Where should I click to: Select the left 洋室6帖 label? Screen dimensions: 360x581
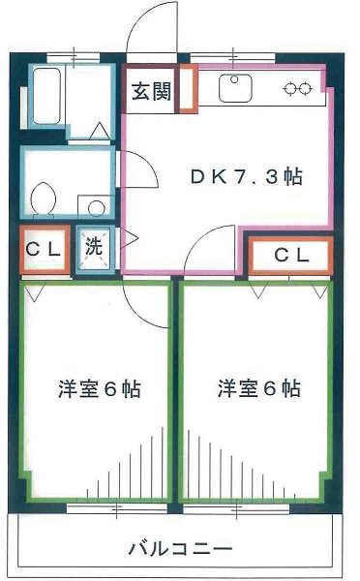click(99, 389)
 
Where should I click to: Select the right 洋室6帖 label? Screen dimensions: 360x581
click(258, 389)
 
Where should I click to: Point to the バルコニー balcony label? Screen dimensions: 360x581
click(180, 549)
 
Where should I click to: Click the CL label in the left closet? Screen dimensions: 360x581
click(44, 247)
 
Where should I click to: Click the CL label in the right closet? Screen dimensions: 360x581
click(290, 256)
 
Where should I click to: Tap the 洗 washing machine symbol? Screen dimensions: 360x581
click(94, 247)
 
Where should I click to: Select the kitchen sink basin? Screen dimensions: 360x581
click(235, 89)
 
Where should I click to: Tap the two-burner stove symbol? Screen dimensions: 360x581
click(297, 89)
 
